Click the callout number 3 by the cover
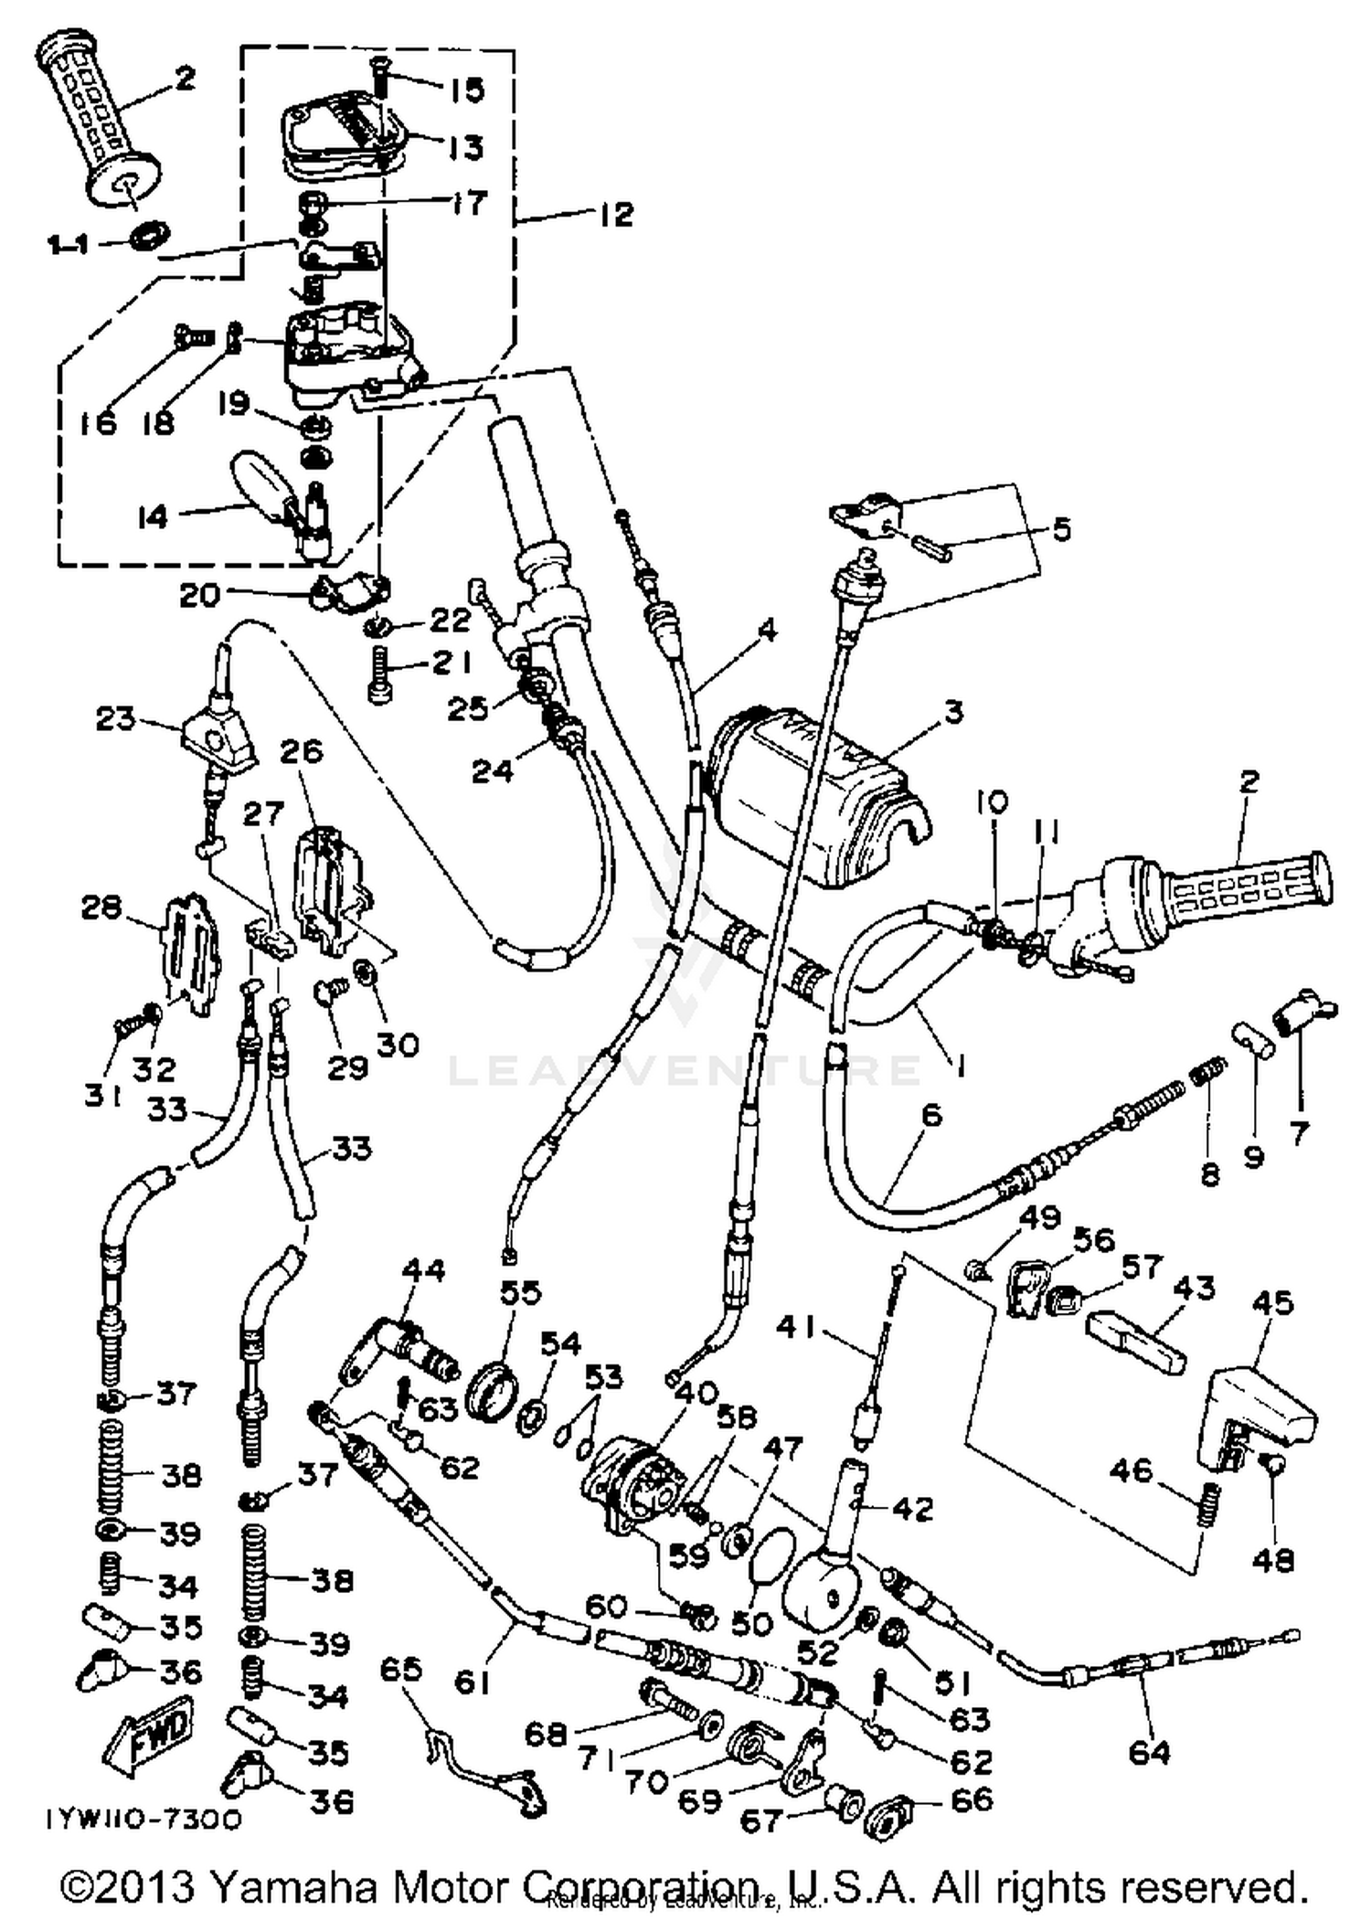pyautogui.click(x=953, y=711)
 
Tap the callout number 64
pyautogui.click(x=1149, y=1751)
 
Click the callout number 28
pyautogui.click(x=101, y=907)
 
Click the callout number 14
pyautogui.click(x=153, y=516)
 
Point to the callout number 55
pyautogui.click(x=520, y=1292)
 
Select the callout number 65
pyautogui.click(x=401, y=1669)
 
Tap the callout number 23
pyautogui.click(x=115, y=718)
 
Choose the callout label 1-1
pyautogui.click(x=68, y=245)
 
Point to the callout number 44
pyautogui.click(x=424, y=1269)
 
